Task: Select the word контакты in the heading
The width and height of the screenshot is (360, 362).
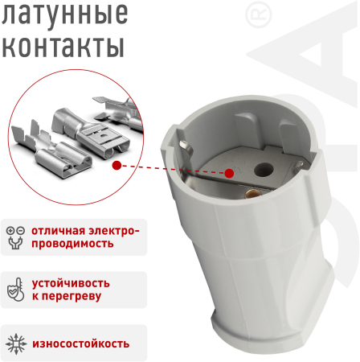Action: (64, 46)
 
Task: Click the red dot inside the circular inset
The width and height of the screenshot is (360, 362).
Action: (118, 164)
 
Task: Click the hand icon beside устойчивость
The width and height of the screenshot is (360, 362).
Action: (15, 290)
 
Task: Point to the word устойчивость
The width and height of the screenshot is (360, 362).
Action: (71, 283)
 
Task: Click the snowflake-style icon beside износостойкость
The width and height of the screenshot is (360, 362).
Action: (15, 343)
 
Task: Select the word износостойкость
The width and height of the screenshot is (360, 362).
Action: (80, 343)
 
